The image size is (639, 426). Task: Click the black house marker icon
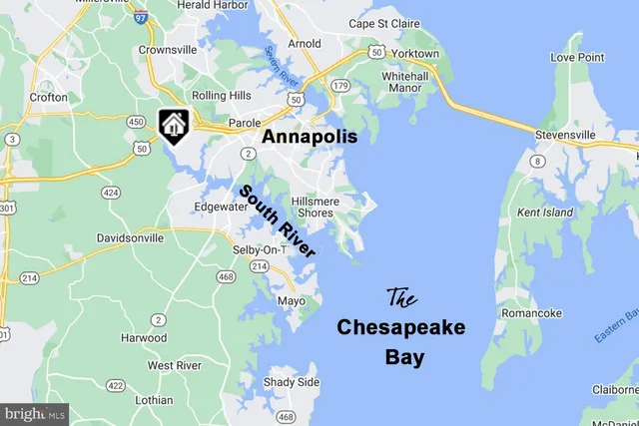click(x=172, y=124)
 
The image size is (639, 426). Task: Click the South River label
click(x=277, y=221)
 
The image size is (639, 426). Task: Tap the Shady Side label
click(x=292, y=382)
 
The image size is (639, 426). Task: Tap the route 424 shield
click(x=110, y=192)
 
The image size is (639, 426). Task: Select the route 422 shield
click(x=115, y=385)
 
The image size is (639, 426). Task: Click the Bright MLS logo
click(x=34, y=413)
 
